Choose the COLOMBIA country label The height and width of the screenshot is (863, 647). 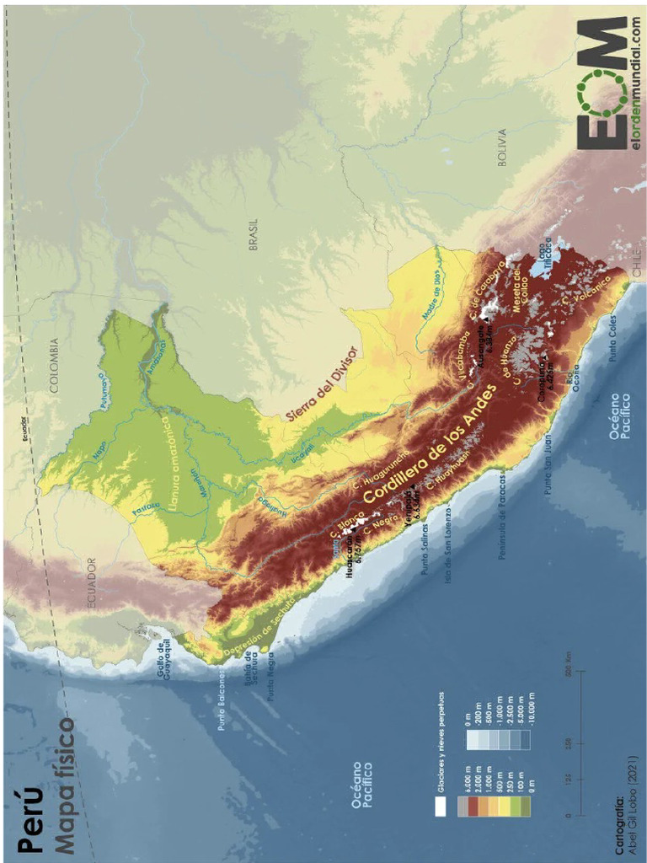click(x=55, y=367)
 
